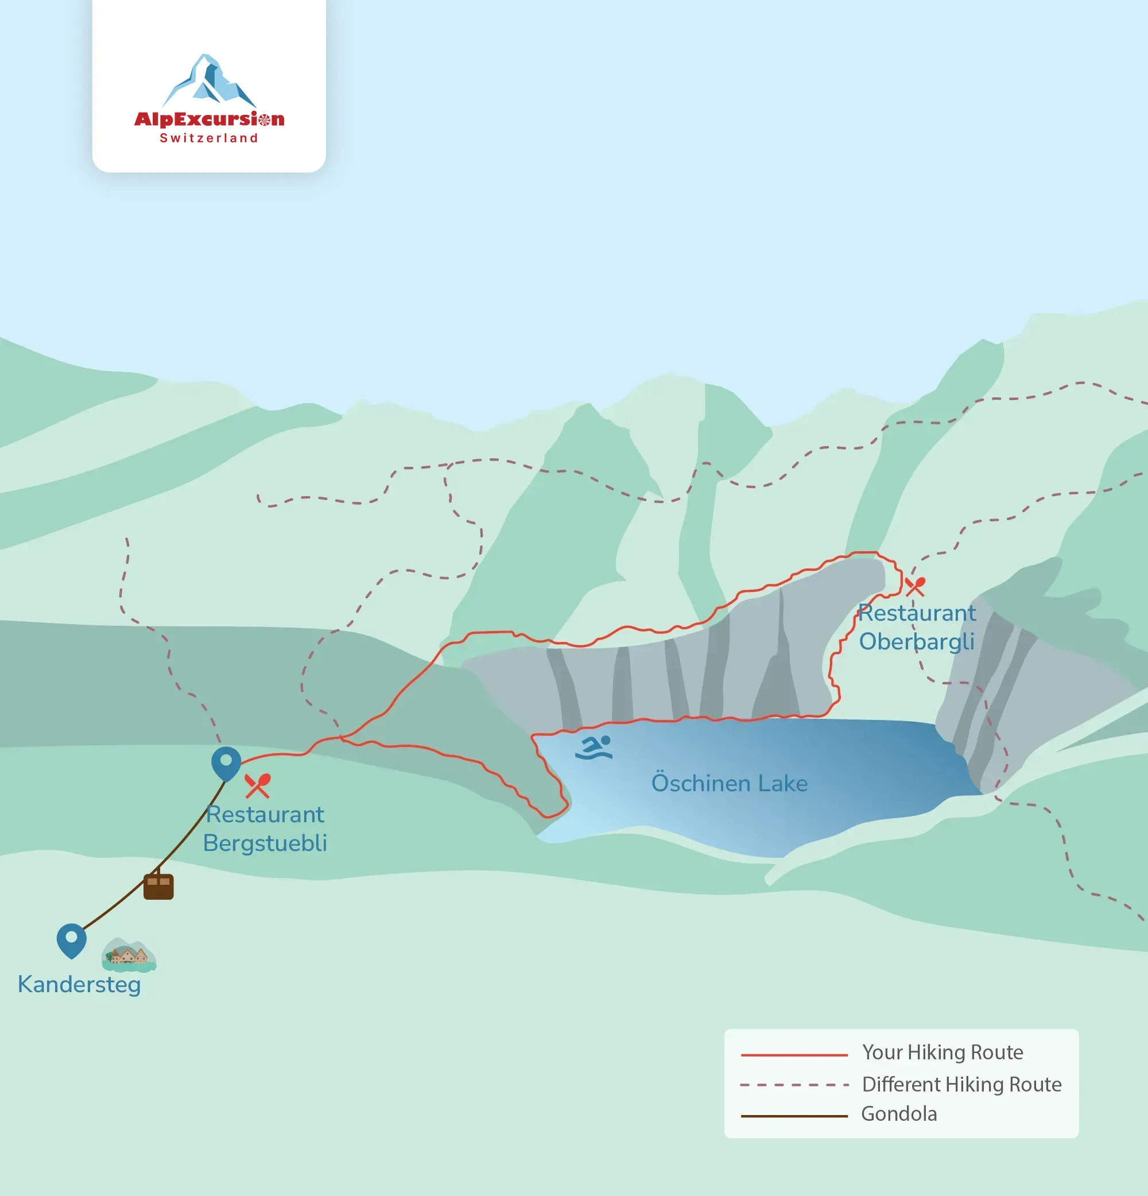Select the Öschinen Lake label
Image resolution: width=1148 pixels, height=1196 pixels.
730,783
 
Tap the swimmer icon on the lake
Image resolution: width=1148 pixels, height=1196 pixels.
594,748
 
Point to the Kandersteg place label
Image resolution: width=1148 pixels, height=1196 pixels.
79,985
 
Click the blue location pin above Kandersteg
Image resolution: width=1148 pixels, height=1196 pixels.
71,940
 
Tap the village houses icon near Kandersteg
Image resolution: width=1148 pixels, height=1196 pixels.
129,955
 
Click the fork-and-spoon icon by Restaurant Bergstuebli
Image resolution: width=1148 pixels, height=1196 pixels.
257,786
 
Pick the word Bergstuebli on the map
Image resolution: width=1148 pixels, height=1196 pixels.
265,843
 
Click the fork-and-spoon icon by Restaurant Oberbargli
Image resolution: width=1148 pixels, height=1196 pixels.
915,586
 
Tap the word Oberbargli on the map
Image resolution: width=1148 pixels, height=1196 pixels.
917,641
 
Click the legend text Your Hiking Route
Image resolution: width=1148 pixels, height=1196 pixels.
943,1052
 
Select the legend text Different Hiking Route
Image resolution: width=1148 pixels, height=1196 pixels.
962,1085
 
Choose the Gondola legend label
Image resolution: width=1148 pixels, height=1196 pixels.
899,1114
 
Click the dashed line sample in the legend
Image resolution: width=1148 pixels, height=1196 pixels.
794,1086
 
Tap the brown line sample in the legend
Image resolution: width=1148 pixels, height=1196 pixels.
794,1116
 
